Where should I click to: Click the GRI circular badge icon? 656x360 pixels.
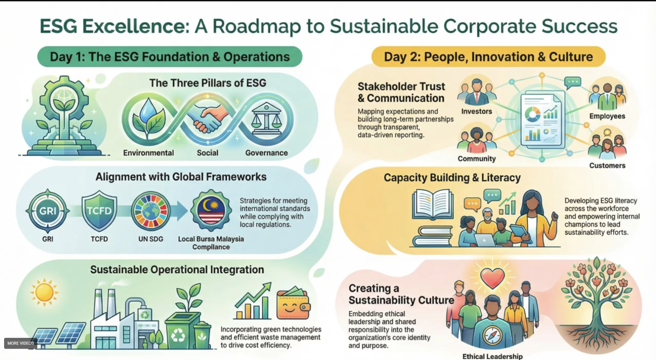point(48,211)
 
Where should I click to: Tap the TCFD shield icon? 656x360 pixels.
point(99,210)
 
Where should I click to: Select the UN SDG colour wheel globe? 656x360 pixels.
point(150,211)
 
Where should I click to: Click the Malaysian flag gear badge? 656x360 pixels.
point(211,210)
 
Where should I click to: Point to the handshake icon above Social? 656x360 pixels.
point(207,118)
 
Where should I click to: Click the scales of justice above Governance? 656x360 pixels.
point(266,118)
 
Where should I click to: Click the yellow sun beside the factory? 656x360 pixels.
point(44,292)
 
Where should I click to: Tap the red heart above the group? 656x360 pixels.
point(492,278)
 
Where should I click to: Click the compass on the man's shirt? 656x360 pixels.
point(492,335)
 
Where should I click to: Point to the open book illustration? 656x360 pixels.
point(433,205)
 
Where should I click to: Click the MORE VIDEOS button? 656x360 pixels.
point(20,343)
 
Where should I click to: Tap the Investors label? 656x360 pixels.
point(476,111)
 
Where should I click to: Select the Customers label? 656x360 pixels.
point(607,166)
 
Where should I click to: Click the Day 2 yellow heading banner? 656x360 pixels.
point(488,57)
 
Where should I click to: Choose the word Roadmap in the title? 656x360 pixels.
point(256,26)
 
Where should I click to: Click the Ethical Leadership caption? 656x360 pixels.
point(492,356)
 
